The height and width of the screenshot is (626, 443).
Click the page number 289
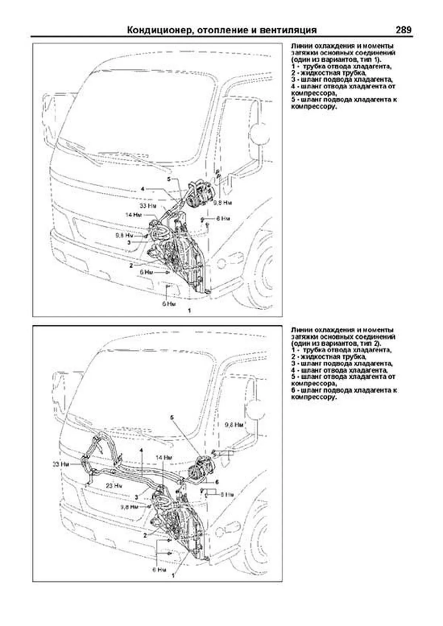(x=403, y=30)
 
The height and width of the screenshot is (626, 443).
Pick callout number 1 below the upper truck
(x=189, y=311)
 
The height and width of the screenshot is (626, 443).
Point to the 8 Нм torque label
(x=226, y=494)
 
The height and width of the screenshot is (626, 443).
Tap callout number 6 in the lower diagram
(x=217, y=482)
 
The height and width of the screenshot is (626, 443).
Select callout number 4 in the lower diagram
(x=141, y=451)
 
